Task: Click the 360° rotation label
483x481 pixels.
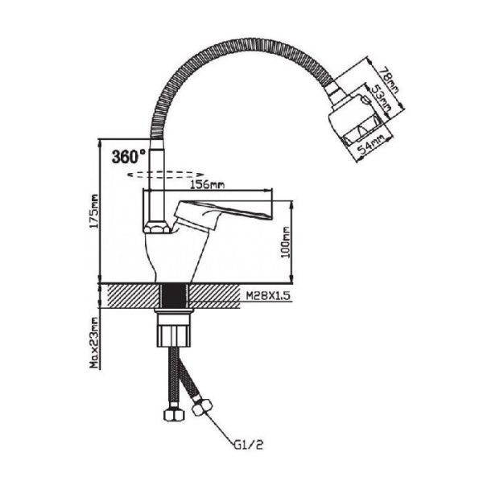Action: [x=129, y=155]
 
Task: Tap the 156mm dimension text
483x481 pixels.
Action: [x=206, y=184]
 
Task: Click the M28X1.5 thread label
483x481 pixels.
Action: [x=269, y=296]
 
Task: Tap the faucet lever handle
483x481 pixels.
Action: [x=225, y=213]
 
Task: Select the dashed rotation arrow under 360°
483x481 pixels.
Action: [x=166, y=174]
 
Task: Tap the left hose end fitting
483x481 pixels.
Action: [x=171, y=415]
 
